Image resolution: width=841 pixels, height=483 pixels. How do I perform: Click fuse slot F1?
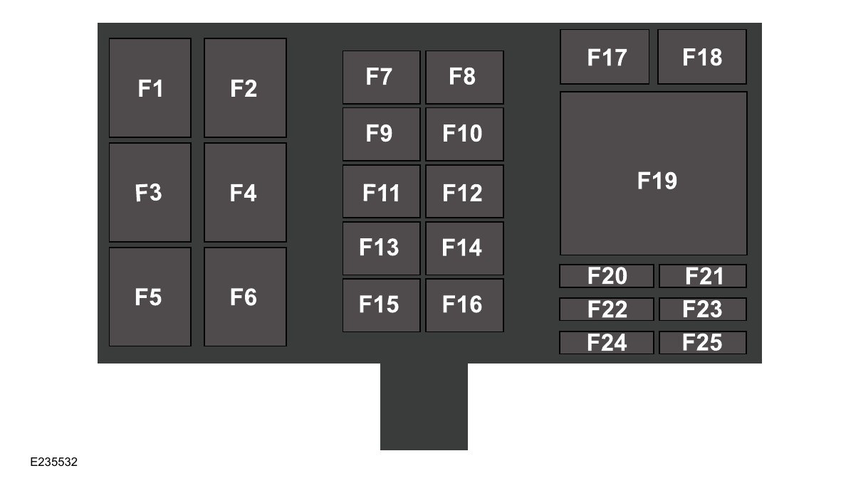150,87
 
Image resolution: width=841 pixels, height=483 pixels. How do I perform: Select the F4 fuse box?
245,192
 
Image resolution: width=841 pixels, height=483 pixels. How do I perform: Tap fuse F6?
245,297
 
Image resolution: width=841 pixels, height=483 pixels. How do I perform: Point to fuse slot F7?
381,77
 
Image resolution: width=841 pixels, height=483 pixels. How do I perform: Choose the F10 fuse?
464,134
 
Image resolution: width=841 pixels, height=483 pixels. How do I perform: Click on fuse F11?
381,191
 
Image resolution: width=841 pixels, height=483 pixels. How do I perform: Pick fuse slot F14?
464,248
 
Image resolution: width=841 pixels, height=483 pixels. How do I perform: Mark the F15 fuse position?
381,305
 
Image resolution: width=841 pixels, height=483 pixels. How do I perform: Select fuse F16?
464,305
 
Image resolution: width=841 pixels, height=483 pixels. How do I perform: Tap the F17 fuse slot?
605,57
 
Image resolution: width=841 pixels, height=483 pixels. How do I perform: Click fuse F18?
701,57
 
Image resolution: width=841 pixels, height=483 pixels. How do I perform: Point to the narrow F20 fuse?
606,276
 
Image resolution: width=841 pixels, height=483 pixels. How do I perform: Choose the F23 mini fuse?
702,309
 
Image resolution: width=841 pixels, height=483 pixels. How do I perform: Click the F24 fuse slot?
606,343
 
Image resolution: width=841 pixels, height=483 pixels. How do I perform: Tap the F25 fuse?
702,343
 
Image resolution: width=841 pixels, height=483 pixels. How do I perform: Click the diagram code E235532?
53,462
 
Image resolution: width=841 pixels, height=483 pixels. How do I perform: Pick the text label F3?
148,193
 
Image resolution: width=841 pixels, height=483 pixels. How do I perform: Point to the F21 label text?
704,276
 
